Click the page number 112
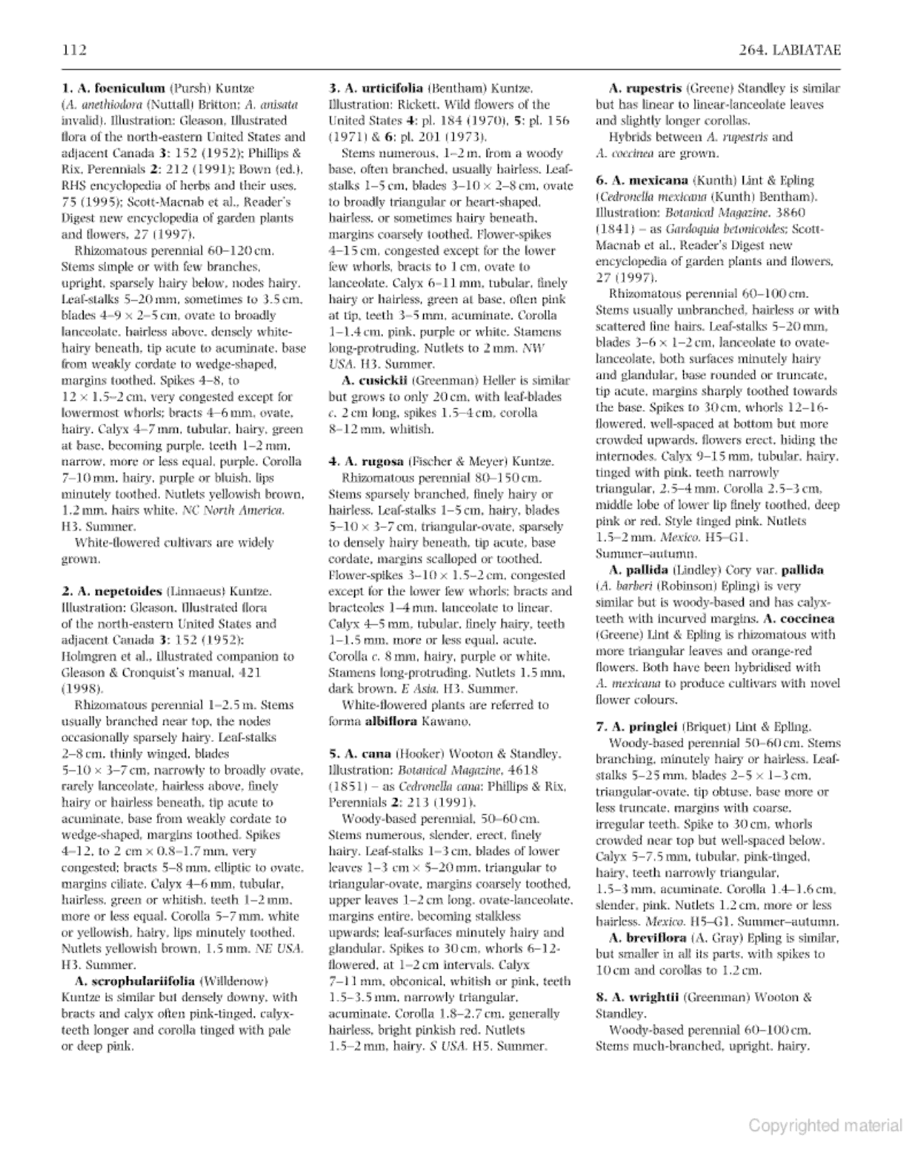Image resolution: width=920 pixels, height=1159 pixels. point(75,50)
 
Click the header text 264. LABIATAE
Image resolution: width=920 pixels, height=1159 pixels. point(790,50)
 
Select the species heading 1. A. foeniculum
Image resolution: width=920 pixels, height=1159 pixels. point(113,89)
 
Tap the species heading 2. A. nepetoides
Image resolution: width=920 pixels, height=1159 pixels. point(112,592)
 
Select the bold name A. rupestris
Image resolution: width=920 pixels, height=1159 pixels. point(645,89)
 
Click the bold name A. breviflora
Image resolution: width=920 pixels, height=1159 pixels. point(647,938)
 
